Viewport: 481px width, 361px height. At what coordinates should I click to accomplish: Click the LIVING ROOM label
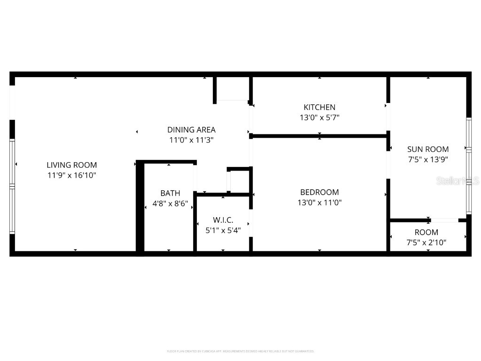pos(71,165)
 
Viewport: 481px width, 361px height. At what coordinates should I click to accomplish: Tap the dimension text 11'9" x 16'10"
pos(71,175)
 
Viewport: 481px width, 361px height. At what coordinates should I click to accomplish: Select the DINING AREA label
pos(191,130)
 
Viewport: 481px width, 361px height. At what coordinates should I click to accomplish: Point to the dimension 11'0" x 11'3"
pos(191,140)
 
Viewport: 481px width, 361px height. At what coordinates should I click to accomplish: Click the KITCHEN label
pos(319,108)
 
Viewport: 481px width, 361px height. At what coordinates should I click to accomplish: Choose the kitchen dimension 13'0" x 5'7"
pos(319,118)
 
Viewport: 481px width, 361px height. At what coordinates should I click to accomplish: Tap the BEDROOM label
pos(319,192)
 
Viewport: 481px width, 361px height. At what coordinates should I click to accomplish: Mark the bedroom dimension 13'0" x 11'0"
pos(319,203)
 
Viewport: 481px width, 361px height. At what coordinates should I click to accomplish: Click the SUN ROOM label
pos(427,149)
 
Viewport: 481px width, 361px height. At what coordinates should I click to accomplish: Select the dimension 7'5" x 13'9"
pos(427,159)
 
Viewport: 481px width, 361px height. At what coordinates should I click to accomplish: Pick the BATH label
pos(170,193)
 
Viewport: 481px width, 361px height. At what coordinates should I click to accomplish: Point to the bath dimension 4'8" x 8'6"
pos(170,204)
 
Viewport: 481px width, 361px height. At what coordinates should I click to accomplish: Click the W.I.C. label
pos(223,220)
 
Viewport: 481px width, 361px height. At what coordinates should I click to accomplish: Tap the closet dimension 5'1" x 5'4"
pos(223,230)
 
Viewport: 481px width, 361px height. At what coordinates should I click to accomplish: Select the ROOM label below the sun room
pos(426,232)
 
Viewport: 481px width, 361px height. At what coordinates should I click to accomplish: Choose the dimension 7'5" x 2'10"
pos(426,243)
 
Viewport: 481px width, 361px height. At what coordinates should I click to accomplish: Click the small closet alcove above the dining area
pos(233,88)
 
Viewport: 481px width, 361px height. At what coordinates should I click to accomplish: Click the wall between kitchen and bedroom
pos(319,136)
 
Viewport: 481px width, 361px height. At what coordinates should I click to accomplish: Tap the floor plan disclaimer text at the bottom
pos(240,351)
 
